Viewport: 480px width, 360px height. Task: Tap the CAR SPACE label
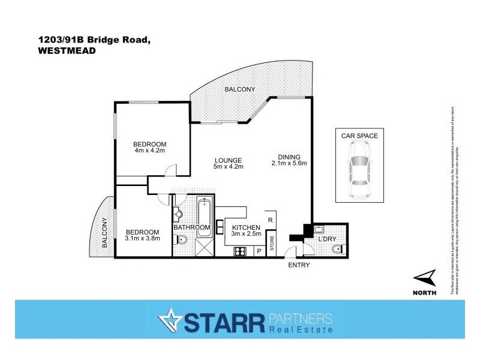tap(359, 136)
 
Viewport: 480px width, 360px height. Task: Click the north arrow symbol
tap(425, 277)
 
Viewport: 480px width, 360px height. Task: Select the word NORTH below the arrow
tap(425, 292)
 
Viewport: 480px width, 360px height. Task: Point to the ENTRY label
tap(298, 265)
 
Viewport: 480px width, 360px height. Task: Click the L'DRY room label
tap(328, 239)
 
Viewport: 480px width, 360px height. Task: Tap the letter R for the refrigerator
tap(271, 220)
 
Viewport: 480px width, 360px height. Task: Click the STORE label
tap(271, 244)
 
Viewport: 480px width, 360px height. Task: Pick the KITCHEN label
tap(246, 227)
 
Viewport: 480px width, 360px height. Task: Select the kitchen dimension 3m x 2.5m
tap(246, 235)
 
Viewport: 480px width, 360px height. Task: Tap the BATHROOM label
tap(192, 227)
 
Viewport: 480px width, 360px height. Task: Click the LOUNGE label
tap(228, 160)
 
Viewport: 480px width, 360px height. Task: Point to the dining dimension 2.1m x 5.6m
tap(289, 163)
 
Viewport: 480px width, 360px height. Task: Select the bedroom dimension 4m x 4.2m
tap(149, 151)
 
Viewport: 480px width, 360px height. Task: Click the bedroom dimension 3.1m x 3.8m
tap(142, 239)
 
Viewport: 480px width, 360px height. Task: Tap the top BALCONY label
tap(240, 89)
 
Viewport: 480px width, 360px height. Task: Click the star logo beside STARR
tap(169, 321)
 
